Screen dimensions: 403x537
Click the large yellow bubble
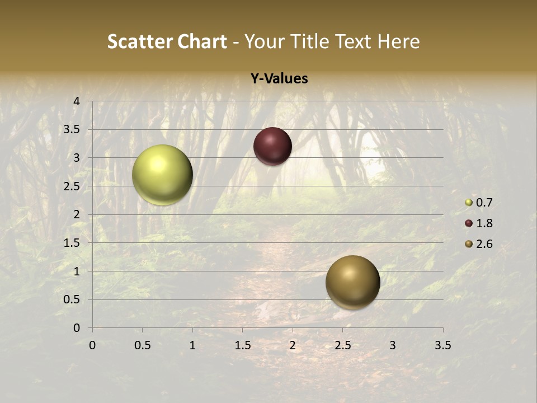162,175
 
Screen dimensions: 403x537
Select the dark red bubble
272,146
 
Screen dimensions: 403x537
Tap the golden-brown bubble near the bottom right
352,282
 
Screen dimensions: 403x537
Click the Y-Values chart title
279,79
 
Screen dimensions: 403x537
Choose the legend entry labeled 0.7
479,203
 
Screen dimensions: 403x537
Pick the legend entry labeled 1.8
479,223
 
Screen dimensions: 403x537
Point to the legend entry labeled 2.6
479,244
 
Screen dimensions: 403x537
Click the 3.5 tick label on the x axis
442,345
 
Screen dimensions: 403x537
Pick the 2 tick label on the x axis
293,345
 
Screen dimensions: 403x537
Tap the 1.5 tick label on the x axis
242,345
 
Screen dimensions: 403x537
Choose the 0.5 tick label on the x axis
142,345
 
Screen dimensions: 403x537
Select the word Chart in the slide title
202,41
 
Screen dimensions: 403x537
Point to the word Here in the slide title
398,41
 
